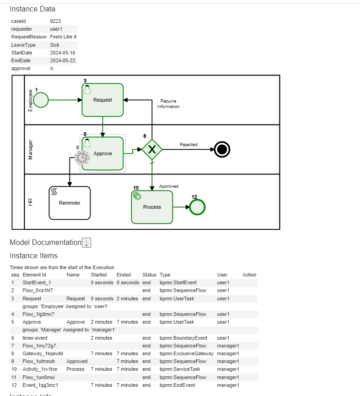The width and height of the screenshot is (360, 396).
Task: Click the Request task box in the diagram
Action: pyautogui.click(x=102, y=100)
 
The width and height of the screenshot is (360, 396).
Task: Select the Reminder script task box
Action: pyautogui.click(x=70, y=203)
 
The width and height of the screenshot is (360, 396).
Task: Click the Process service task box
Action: pyautogui.click(x=152, y=207)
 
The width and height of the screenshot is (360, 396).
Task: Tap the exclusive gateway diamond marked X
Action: pyautogui.click(x=152, y=149)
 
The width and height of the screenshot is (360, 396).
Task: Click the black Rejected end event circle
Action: pyautogui.click(x=222, y=149)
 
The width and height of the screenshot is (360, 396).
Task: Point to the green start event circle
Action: pyautogui.click(x=41, y=100)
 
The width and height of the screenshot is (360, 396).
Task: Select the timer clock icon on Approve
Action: pyautogui.click(x=82, y=157)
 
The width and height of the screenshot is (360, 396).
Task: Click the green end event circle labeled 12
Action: pyautogui.click(x=198, y=207)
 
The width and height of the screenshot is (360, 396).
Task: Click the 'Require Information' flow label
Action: pyautogui.click(x=168, y=104)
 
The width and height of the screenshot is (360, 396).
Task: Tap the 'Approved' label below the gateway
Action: pyautogui.click(x=168, y=186)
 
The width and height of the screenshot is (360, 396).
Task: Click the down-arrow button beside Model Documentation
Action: pyautogui.click(x=86, y=243)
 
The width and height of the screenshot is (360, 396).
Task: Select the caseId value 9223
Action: pyautogui.click(x=55, y=21)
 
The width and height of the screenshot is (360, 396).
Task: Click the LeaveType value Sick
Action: pyautogui.click(x=55, y=45)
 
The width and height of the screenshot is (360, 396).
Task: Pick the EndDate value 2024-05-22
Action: pyautogui.click(x=63, y=60)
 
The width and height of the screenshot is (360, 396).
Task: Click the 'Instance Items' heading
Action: pyautogui.click(x=34, y=255)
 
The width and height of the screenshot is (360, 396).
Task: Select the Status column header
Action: pyautogui.click(x=149, y=275)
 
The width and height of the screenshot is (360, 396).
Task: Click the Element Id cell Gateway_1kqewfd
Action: pyautogui.click(x=43, y=353)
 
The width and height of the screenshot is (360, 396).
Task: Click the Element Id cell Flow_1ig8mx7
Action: pyautogui.click(x=38, y=314)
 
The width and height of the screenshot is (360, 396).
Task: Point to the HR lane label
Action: pyautogui.click(x=31, y=201)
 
